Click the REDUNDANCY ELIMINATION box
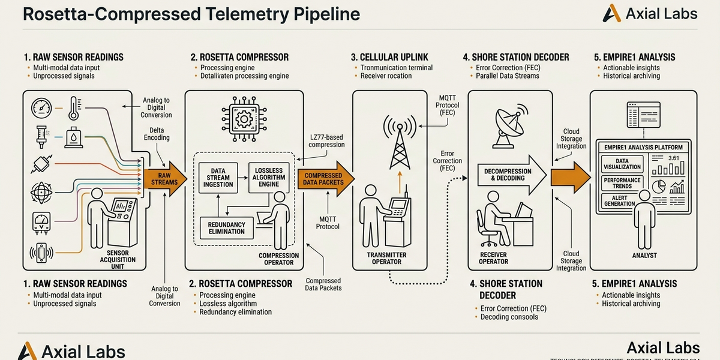[227, 227]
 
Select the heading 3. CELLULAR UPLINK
[390, 58]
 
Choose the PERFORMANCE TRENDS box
[622, 182]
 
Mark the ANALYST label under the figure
[644, 256]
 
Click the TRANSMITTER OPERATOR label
[386, 258]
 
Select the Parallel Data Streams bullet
[507, 76]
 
